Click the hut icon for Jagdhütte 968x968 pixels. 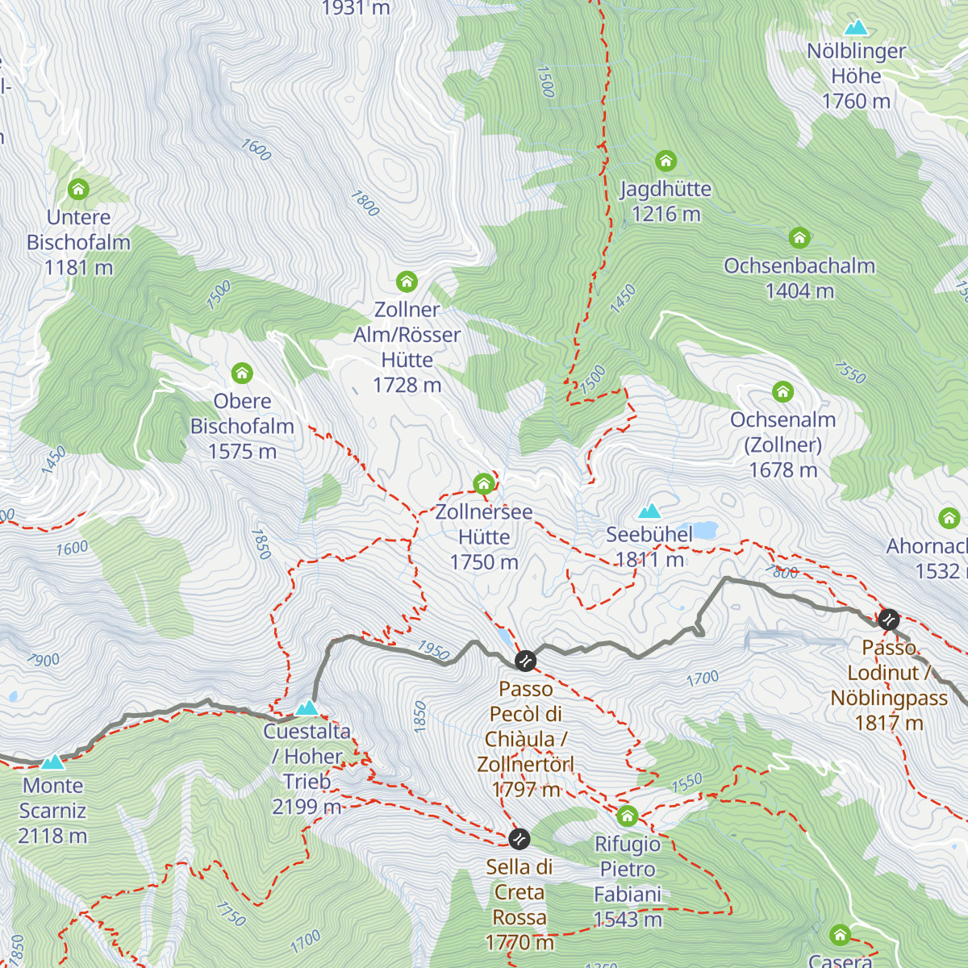pos(665,161)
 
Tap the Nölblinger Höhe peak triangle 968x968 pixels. pos(855,28)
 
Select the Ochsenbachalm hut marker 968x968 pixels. pos(799,238)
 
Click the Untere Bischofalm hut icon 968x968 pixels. pos(78,190)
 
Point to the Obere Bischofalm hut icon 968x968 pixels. pos(242,373)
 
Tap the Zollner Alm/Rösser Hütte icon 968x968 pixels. pos(407,282)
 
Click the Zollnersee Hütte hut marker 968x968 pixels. pos(483,484)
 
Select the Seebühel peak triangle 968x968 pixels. pos(649,511)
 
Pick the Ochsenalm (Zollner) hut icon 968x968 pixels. pos(782,392)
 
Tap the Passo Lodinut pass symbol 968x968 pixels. pos(888,620)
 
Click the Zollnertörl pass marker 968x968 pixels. pos(525,661)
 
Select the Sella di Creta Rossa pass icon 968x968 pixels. pos(519,839)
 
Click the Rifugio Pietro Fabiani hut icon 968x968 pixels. pos(628,816)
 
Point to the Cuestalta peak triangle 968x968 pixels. pos(307,708)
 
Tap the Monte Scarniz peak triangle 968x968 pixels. pos(52,762)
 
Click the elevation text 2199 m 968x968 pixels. pos(307,807)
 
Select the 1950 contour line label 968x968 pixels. pos(433,650)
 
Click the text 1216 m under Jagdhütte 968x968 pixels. pos(666,215)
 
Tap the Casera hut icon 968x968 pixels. pos(840,935)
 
